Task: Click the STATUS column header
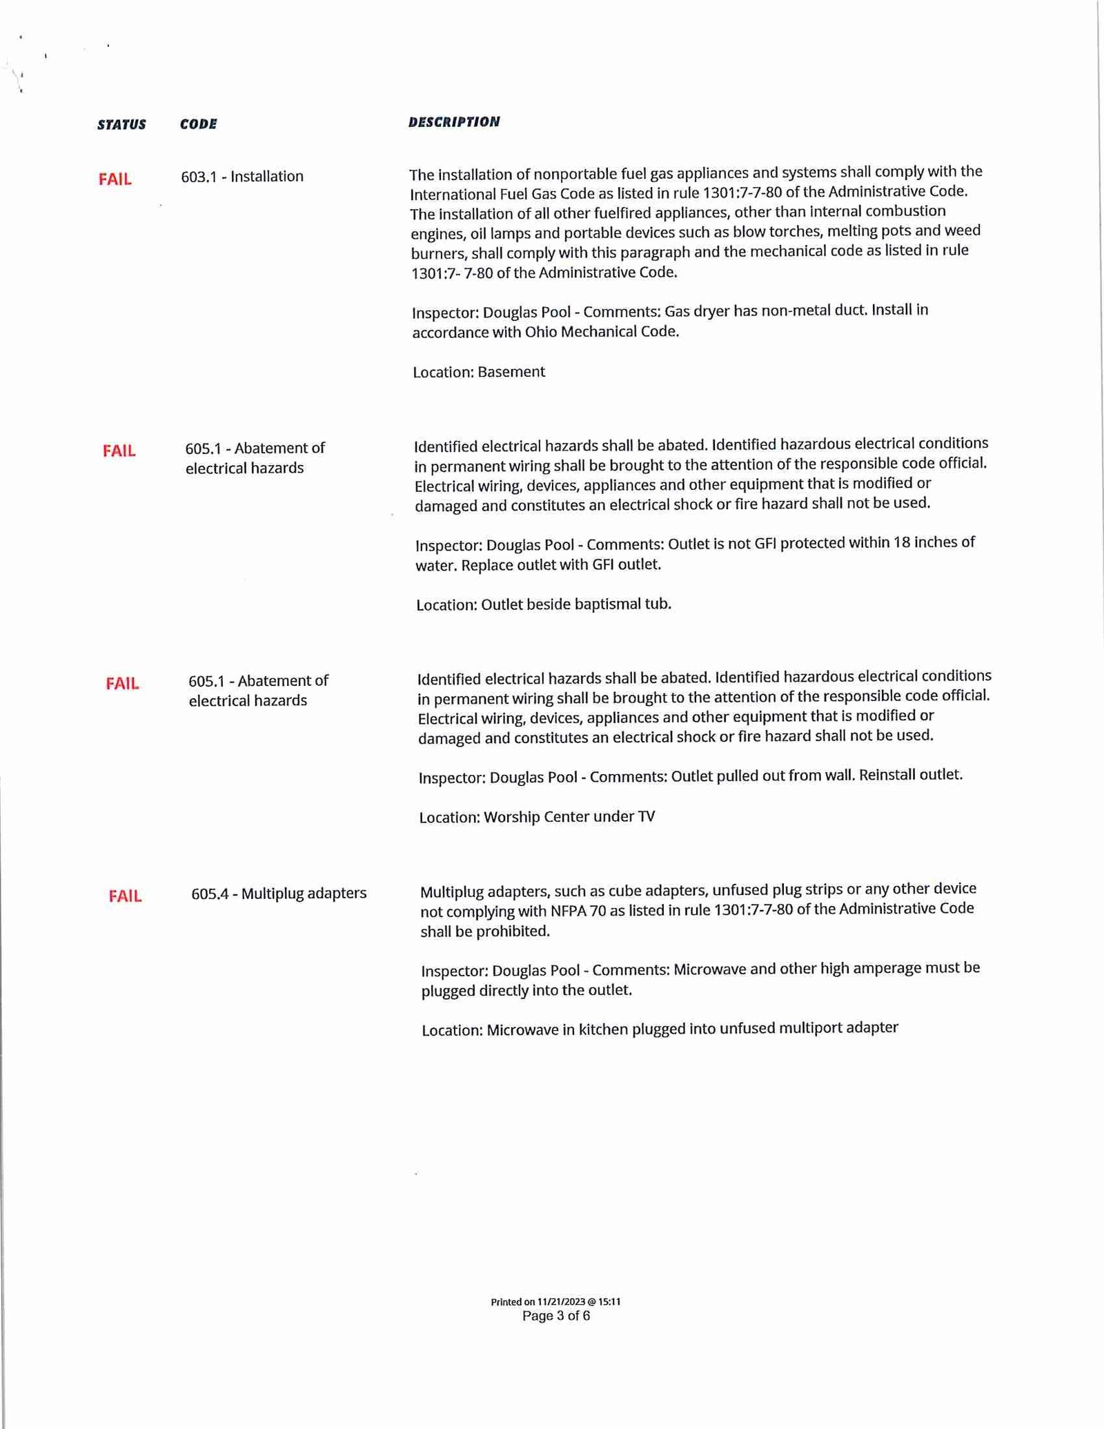(121, 125)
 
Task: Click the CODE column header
(198, 124)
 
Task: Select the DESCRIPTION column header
(453, 122)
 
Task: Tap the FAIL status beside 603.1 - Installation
(115, 179)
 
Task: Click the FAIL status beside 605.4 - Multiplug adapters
(125, 896)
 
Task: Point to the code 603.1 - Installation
(242, 177)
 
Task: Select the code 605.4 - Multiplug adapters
(279, 894)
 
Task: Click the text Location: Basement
(478, 372)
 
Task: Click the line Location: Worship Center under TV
(537, 817)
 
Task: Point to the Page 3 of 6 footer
(556, 1316)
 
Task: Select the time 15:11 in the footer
(609, 1302)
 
